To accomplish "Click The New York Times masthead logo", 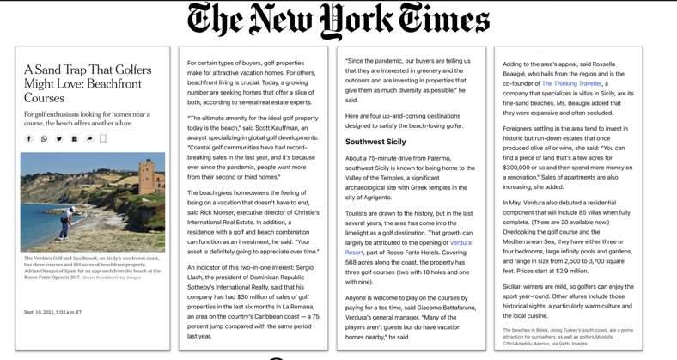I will (338, 21).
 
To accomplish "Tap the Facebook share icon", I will (29, 138).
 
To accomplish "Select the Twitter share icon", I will (59, 138).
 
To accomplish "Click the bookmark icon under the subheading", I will (103, 138).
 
